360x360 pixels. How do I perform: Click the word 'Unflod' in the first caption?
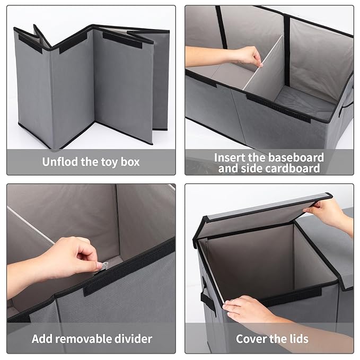[x=60, y=162]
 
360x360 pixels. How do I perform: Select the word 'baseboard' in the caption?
[x=296, y=157]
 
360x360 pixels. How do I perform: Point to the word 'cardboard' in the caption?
[x=292, y=168]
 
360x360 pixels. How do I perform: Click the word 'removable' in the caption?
[x=83, y=339]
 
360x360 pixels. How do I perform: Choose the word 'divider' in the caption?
[x=133, y=339]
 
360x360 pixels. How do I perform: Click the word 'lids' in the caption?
[x=299, y=339]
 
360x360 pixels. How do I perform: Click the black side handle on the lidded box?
[x=204, y=296]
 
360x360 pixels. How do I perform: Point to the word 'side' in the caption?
[x=250, y=168]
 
